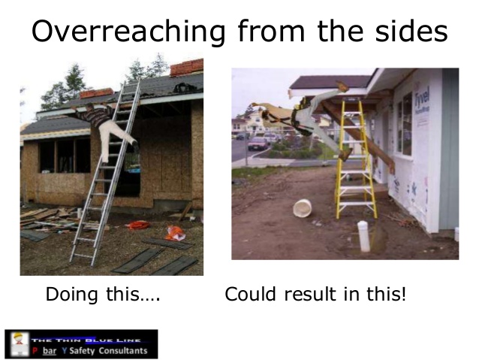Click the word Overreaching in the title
[x=128, y=32]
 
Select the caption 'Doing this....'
[x=103, y=294]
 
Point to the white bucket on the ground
[x=302, y=208]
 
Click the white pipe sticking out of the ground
[x=363, y=236]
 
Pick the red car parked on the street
[x=258, y=144]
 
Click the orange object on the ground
[x=175, y=233]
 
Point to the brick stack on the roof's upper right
[x=186, y=68]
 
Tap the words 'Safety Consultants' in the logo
[x=108, y=350]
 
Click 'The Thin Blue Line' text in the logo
[x=86, y=340]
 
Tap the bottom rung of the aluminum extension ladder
[x=83, y=255]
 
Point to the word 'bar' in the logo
[x=50, y=351]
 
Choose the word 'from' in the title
[x=271, y=31]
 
